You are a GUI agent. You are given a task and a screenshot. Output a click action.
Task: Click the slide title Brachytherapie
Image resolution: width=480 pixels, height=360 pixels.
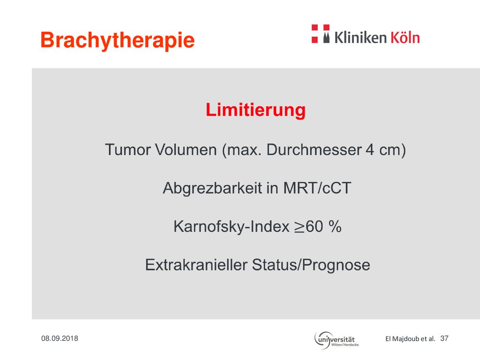118,40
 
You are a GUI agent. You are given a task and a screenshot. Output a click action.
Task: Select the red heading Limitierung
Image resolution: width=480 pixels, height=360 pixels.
255,110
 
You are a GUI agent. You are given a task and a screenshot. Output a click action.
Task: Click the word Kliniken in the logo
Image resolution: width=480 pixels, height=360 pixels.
360,37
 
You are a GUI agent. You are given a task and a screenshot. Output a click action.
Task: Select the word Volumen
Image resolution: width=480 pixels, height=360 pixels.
186,150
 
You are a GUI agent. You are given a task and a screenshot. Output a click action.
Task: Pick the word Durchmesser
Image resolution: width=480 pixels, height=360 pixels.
314,150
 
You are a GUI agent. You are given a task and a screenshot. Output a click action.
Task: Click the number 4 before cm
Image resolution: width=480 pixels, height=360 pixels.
370,150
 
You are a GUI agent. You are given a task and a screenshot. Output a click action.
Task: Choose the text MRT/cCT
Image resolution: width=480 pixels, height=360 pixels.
317,188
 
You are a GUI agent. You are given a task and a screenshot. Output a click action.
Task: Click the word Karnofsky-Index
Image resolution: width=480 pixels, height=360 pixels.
232,227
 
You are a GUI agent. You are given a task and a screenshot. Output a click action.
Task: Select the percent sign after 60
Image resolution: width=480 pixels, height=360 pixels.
335,226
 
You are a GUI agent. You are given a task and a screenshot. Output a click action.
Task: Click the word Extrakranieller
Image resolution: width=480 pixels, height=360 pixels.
196,265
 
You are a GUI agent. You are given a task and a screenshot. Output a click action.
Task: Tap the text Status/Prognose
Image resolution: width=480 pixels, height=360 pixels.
311,265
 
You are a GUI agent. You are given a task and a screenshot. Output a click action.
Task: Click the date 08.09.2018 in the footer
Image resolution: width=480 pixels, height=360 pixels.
60,338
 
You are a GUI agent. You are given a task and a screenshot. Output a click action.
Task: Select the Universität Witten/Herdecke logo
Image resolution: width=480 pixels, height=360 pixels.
336,340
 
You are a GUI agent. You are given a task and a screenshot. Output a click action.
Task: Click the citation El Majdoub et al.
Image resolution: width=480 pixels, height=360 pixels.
410,338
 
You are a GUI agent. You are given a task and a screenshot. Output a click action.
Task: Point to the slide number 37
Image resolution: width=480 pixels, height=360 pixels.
444,338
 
